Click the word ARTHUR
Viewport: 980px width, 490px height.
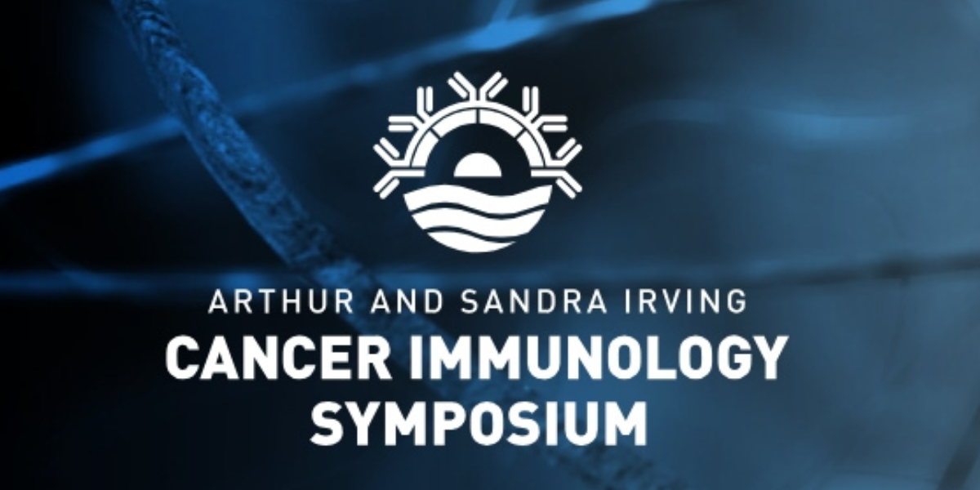[x=281, y=301]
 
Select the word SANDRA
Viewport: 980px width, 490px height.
[x=535, y=301]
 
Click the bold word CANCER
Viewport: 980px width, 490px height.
[x=278, y=360]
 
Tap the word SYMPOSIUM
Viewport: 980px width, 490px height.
[x=479, y=421]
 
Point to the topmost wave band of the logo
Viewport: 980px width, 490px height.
[x=477, y=198]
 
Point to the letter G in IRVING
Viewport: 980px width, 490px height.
[x=734, y=301]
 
